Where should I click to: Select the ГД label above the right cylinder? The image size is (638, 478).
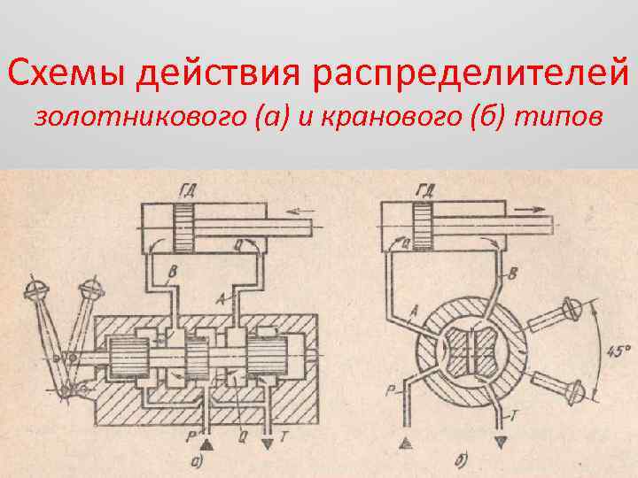428,189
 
